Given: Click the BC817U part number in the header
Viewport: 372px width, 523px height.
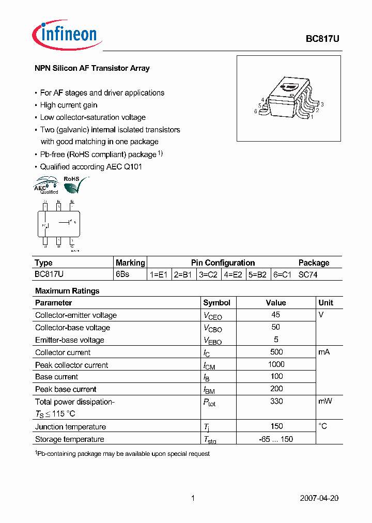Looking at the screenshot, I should pos(322,39).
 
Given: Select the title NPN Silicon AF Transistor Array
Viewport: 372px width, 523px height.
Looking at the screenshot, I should pos(92,68).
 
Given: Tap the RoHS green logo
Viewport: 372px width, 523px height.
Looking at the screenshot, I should pos(74,183).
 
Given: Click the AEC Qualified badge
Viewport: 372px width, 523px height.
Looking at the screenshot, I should pos(46,185).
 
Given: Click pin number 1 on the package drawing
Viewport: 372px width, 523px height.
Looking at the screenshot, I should pos(312,117).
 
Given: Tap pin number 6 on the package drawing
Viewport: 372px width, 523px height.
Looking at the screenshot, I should pos(256,111).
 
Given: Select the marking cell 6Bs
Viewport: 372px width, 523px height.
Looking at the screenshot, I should pos(122,275).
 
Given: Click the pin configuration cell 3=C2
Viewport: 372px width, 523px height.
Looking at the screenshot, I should pos(209,275).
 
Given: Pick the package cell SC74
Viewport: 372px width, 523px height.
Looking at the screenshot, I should pos(308,275).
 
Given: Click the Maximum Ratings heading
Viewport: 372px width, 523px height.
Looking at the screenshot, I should pos(67,291).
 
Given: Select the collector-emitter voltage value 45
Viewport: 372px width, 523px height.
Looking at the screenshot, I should pos(275,315).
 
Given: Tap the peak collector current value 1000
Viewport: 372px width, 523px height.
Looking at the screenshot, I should pos(276,364).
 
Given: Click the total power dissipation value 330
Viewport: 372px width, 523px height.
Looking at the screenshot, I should pos(276,401).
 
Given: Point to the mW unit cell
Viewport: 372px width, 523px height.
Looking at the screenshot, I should pos(326,401).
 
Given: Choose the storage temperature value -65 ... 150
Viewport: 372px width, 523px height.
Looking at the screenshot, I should pos(276,439).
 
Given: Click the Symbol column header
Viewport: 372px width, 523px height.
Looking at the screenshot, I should pos(216,303).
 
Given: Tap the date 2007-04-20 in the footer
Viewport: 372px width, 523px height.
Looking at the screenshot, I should pos(319,498).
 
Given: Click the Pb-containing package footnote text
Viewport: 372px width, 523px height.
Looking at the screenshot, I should pos(122,454).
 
